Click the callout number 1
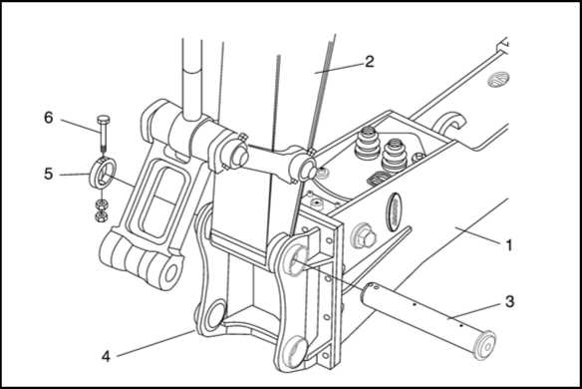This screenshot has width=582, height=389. pyautogui.click(x=509, y=244)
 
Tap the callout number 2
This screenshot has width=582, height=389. pyautogui.click(x=369, y=61)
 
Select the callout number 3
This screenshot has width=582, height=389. pyautogui.click(x=509, y=301)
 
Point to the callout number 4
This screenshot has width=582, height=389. pyautogui.click(x=107, y=356)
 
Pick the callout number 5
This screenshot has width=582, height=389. pyautogui.click(x=49, y=174)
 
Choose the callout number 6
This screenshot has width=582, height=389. pyautogui.click(x=49, y=118)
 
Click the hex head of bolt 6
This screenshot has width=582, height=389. pyautogui.click(x=102, y=120)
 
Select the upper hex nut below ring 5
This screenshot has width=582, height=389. pyautogui.click(x=101, y=203)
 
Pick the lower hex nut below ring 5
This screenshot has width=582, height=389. pyautogui.click(x=101, y=215)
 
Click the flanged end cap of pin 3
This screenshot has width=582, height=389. pyautogui.click(x=485, y=345)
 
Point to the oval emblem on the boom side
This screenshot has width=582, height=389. pyautogui.click(x=393, y=211)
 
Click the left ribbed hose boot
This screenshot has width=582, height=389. pyautogui.click(x=367, y=146)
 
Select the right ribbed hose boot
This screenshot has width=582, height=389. pyautogui.click(x=395, y=156)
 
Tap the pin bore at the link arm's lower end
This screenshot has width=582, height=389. pyautogui.click(x=171, y=272)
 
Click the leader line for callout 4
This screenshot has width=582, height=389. pyautogui.click(x=155, y=343)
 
